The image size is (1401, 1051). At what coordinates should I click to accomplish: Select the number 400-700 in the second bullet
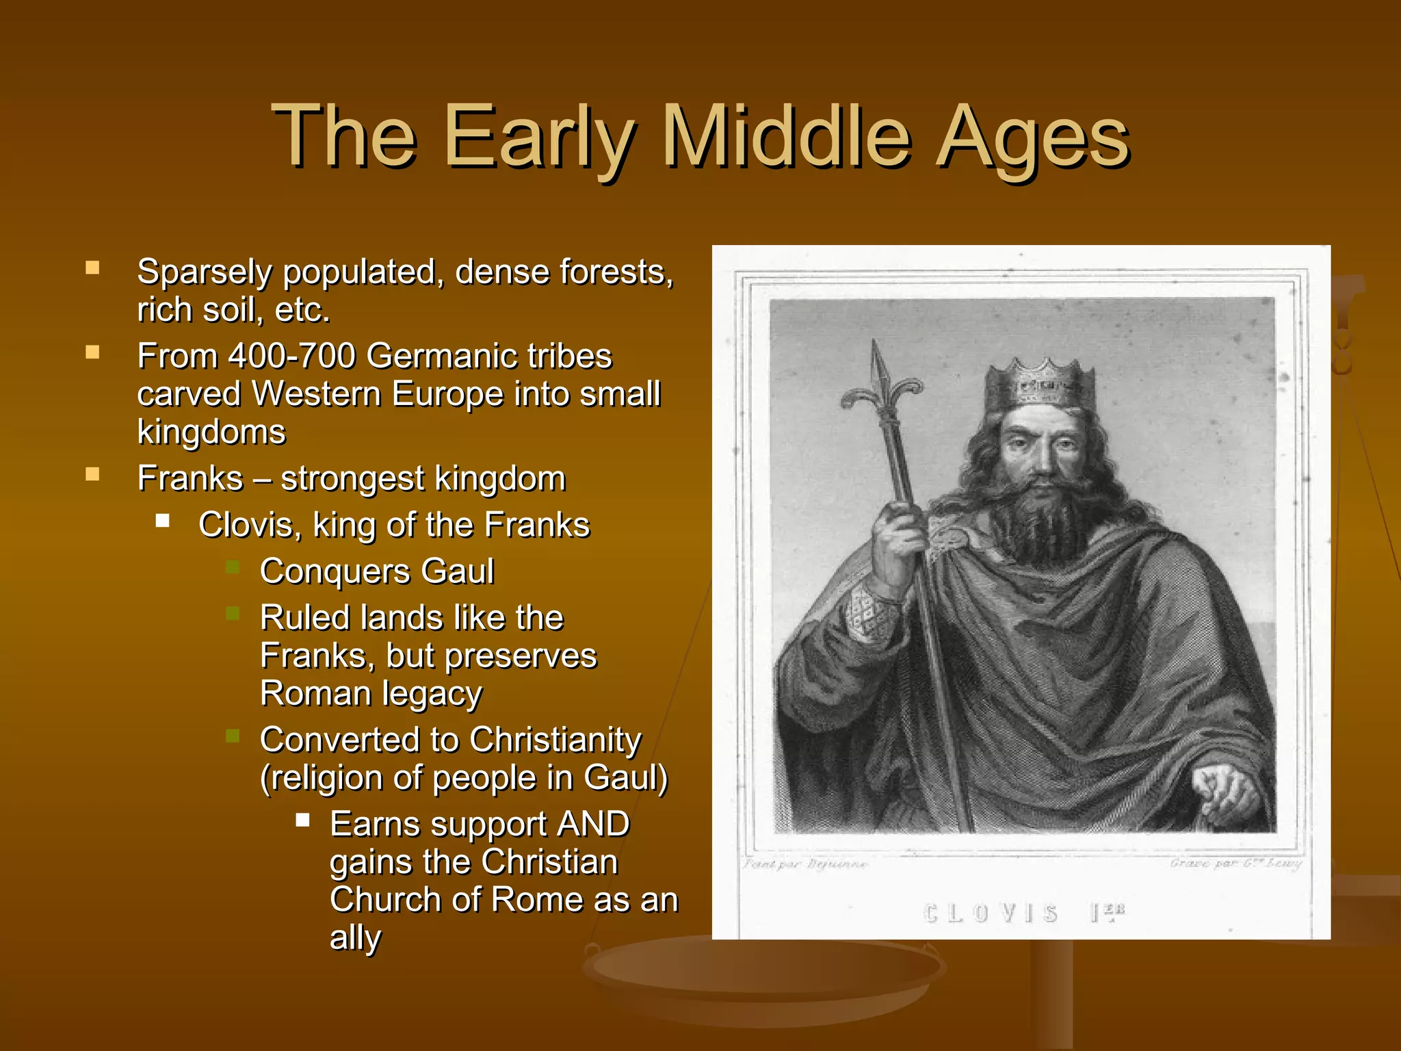[292, 356]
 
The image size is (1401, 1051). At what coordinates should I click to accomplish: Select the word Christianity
[555, 740]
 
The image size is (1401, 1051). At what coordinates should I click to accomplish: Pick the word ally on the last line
[355, 938]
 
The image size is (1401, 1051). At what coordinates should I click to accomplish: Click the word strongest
[352, 479]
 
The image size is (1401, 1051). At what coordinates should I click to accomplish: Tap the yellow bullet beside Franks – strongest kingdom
[92, 474]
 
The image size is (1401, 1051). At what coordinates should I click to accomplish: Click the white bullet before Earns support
[303, 820]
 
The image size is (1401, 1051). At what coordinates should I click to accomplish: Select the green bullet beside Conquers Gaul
[233, 567]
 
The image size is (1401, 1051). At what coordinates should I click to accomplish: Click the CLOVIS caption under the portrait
[991, 913]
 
